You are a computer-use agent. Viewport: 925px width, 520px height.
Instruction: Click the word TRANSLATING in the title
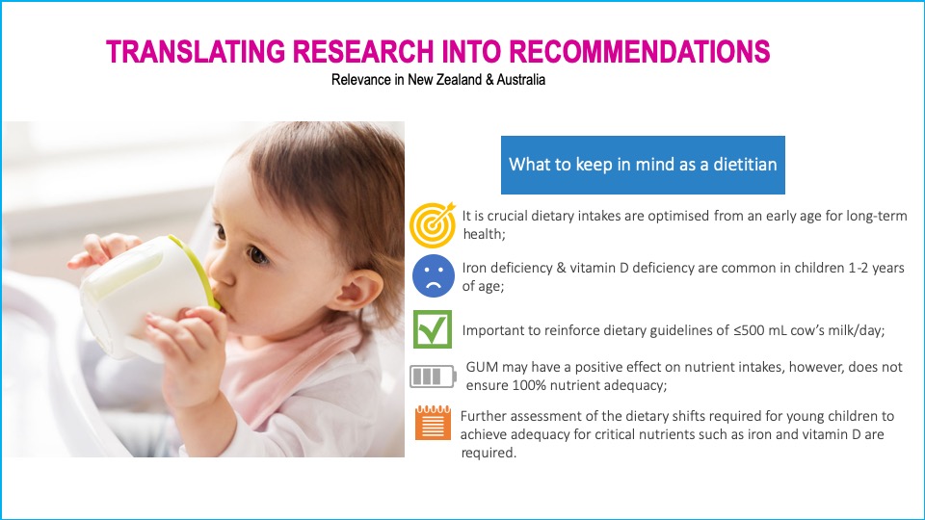tap(196, 51)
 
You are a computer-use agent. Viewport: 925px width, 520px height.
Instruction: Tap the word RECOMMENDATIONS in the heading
tap(639, 51)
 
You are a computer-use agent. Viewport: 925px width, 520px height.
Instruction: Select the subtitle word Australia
tap(521, 80)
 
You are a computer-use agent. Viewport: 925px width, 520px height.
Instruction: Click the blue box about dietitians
tap(643, 165)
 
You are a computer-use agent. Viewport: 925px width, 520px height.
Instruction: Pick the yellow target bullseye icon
tap(433, 224)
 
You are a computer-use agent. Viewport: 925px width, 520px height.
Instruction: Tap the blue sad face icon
tap(433, 275)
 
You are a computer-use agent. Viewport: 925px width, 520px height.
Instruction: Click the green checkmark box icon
tap(433, 329)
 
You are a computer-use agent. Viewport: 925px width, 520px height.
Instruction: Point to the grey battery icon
tap(433, 377)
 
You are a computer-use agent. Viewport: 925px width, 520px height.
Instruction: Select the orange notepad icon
tap(433, 423)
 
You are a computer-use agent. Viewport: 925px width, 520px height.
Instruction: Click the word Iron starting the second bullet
tap(474, 269)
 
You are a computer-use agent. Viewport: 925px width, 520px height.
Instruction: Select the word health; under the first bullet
tap(485, 234)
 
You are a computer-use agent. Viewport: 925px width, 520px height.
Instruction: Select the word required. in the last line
tap(489, 453)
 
